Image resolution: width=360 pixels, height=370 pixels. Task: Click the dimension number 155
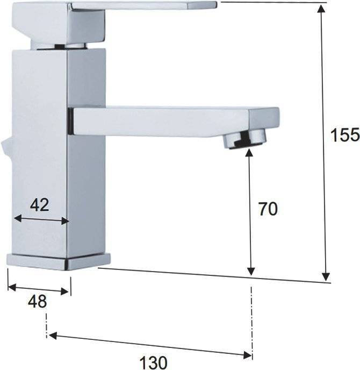coord(345,135)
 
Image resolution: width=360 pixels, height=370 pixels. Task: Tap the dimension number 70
coord(268,209)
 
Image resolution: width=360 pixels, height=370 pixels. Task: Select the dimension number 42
coord(40,204)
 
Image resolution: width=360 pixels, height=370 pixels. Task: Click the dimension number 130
coord(154,362)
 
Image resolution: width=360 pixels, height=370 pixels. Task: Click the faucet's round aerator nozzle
coord(244,140)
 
